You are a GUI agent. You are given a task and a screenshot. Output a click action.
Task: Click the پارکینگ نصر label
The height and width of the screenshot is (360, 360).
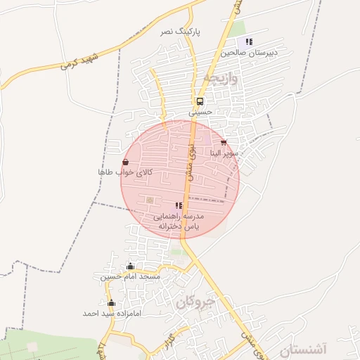point(181,32)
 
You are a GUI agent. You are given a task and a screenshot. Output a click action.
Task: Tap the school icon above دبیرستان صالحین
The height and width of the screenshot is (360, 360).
point(249,41)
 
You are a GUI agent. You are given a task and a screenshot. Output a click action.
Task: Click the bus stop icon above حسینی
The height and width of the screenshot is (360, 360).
point(200,101)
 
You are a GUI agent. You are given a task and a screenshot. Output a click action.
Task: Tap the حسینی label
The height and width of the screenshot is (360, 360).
point(200,112)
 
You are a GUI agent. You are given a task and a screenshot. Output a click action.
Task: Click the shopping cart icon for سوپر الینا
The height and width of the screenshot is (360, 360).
point(224,143)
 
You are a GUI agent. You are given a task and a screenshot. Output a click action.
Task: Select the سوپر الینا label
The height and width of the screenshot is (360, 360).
point(225,153)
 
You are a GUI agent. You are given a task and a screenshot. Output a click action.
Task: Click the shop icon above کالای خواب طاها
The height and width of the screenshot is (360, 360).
point(125,162)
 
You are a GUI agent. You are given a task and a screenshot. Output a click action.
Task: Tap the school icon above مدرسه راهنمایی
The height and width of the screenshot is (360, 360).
point(179,205)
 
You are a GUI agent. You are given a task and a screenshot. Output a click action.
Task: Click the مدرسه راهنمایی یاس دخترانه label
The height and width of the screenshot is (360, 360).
point(179,221)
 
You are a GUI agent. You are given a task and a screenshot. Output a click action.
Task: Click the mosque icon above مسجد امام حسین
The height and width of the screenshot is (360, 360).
point(130,266)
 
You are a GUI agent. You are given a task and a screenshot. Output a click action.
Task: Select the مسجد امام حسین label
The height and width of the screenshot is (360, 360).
point(130,276)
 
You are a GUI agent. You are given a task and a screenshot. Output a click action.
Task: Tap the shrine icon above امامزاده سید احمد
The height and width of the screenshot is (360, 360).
point(112,302)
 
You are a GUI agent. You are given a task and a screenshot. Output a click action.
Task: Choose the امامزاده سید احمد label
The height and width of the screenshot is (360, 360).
point(112,313)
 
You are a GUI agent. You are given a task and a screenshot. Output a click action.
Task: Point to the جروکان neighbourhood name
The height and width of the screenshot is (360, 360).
point(194,302)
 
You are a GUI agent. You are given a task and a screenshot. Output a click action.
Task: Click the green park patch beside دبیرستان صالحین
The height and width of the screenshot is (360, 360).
point(237,28)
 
